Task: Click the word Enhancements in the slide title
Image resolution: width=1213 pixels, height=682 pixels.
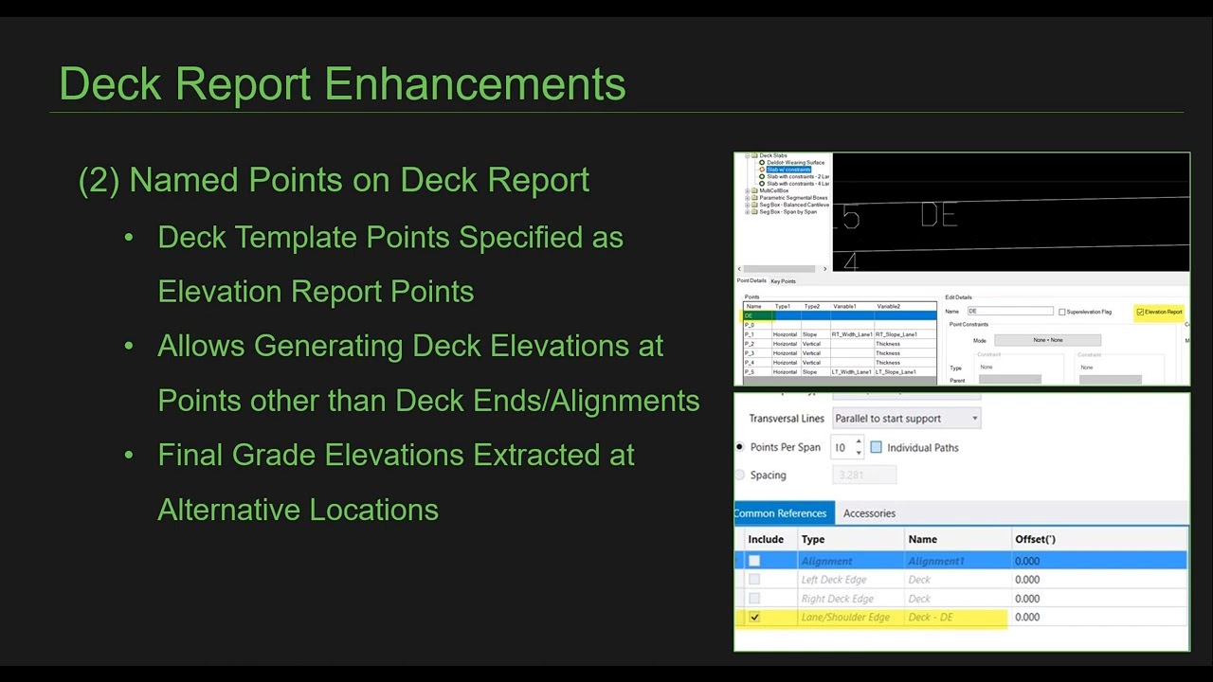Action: [x=475, y=83]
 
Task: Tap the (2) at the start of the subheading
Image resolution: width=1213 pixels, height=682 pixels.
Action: [x=99, y=180]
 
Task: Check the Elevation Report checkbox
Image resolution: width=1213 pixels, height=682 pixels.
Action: [x=1140, y=312]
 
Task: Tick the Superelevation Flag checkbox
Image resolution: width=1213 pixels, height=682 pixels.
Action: [x=1062, y=312]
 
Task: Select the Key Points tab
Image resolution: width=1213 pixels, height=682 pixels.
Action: [x=783, y=281]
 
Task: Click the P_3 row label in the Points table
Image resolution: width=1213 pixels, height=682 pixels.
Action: [x=750, y=353]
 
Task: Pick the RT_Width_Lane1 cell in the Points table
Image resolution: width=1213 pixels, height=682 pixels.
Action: [x=851, y=334]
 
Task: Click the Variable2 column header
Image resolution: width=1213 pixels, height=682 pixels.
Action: [x=888, y=307]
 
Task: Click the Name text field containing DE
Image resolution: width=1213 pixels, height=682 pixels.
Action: [x=1009, y=311]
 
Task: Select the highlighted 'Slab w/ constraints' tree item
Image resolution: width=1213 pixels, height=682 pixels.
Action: [x=788, y=170]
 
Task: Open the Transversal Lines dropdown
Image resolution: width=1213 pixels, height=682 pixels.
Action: [x=906, y=418]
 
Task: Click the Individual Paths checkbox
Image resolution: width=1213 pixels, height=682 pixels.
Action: [x=876, y=447]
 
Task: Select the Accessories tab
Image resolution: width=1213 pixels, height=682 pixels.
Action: [x=869, y=513]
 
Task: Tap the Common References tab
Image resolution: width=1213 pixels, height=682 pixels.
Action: [x=781, y=513]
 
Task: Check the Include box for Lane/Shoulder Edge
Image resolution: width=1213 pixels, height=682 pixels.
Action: [x=754, y=617]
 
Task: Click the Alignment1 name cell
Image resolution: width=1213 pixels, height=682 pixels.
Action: [x=936, y=561]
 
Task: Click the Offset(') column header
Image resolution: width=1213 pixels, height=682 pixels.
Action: [x=1035, y=539]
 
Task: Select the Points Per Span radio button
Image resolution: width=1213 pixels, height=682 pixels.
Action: [x=740, y=447]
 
